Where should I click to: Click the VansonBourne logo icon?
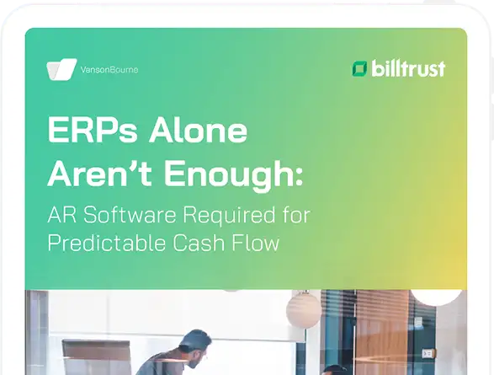pyautogui.click(x=62, y=69)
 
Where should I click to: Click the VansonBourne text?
pyautogui.click(x=109, y=70)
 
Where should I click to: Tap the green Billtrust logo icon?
pyautogui.click(x=359, y=68)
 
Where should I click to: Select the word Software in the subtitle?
pyautogui.click(x=123, y=215)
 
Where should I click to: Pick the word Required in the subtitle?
pyautogui.click(x=227, y=216)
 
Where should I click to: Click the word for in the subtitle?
pyautogui.click(x=295, y=215)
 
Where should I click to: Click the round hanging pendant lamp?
pyautogui.click(x=304, y=309)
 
